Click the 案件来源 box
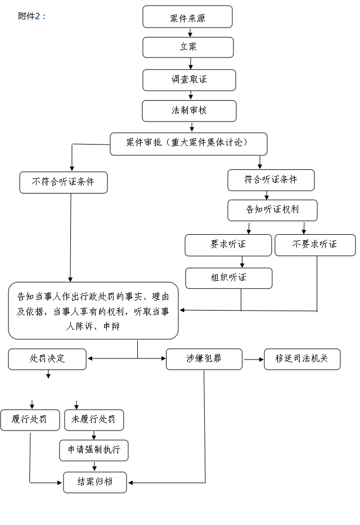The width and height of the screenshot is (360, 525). (x=187, y=17)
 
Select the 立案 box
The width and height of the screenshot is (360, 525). (x=188, y=47)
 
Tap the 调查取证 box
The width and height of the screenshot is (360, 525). (x=189, y=80)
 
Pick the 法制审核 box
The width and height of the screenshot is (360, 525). (x=189, y=111)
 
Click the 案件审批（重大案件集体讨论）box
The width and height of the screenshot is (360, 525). (x=188, y=143)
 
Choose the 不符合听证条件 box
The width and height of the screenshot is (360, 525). (x=63, y=182)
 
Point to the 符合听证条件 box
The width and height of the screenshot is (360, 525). (x=271, y=180)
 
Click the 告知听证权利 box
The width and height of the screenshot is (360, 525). (x=272, y=210)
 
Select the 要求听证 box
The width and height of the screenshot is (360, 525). (x=228, y=245)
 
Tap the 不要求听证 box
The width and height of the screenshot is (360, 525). (x=315, y=245)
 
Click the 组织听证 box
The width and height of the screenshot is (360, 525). (x=228, y=278)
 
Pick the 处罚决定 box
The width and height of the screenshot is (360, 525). (x=47, y=359)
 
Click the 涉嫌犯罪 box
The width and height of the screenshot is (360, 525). (x=204, y=359)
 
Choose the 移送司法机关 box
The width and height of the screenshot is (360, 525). (x=302, y=359)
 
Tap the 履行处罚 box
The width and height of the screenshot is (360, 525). (x=30, y=420)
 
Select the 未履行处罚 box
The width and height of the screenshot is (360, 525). (x=94, y=420)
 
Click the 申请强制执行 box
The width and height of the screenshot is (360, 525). (x=94, y=450)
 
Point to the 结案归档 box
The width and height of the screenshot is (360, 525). (x=95, y=482)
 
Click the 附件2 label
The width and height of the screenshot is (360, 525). (x=31, y=16)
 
